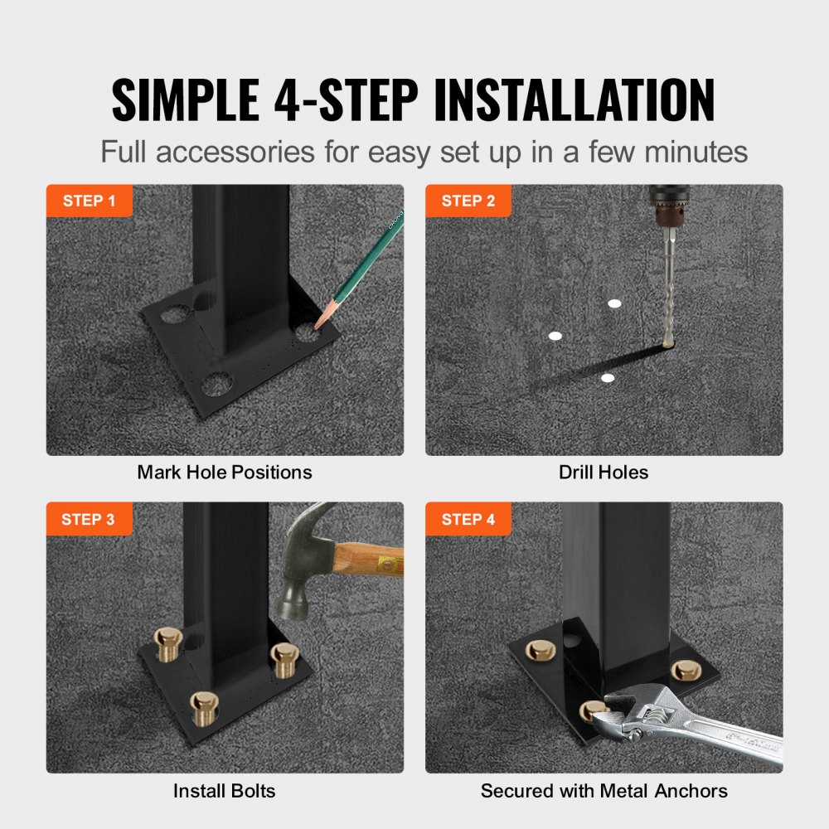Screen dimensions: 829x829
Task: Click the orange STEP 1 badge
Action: click(x=89, y=201)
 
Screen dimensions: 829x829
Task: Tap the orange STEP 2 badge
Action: click(x=468, y=201)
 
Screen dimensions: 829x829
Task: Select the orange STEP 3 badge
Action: click(x=89, y=520)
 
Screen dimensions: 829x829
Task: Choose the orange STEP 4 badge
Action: click(x=468, y=520)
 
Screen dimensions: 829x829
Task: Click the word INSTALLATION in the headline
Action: click(x=574, y=101)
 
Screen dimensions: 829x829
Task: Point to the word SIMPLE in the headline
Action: click(x=187, y=101)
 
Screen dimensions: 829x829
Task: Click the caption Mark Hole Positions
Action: click(x=225, y=473)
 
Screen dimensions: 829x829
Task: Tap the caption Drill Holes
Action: click(x=604, y=473)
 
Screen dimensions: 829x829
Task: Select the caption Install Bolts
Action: click(x=224, y=791)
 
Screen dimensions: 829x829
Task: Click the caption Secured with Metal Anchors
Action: click(x=604, y=791)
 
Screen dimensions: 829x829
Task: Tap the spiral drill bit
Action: click(x=670, y=290)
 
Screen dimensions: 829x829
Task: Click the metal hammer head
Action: click(x=300, y=564)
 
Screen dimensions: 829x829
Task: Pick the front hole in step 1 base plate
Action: click(x=217, y=384)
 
